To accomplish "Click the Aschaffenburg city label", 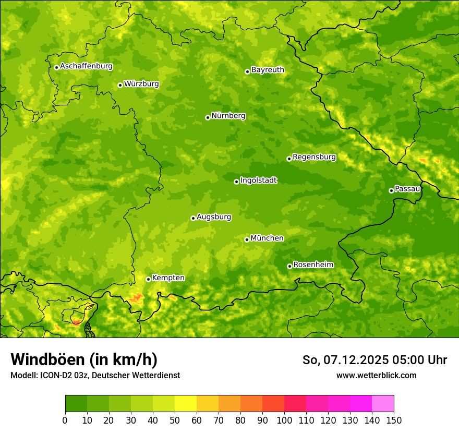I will (x=86, y=66).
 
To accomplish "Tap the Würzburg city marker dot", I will (x=120, y=85).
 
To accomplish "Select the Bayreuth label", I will (x=268, y=69).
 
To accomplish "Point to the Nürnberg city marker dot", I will (x=208, y=117).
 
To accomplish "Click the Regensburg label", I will (x=314, y=157).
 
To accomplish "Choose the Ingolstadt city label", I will (x=258, y=180).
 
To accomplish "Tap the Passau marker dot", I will (x=391, y=190).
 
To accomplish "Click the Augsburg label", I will (x=214, y=216).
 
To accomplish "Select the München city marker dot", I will (x=247, y=239).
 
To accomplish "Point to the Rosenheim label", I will (x=313, y=264).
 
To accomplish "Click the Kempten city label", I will (x=168, y=278).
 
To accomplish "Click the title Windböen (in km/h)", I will (x=84, y=359).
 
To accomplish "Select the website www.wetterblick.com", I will (x=376, y=375).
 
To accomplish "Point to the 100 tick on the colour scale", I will (x=284, y=419).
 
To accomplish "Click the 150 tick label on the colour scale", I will (x=394, y=419).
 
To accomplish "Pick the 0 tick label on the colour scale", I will (x=65, y=419).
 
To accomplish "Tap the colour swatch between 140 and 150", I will (x=383, y=404).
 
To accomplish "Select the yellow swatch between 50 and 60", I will (x=186, y=404).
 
